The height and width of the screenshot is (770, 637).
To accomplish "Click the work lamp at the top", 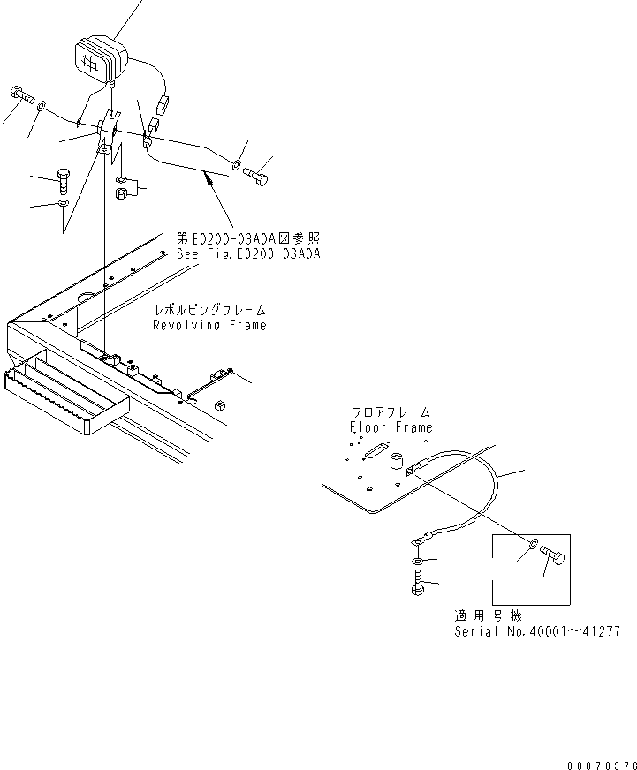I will (96, 58).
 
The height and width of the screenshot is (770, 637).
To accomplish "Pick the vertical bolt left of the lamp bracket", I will (64, 179).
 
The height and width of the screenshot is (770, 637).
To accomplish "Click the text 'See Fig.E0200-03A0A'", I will (247, 253).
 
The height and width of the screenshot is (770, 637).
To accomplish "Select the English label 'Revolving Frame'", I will (209, 325).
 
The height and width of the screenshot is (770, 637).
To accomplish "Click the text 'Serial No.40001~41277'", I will (536, 631).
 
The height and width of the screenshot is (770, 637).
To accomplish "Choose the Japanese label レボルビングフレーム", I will (209, 311).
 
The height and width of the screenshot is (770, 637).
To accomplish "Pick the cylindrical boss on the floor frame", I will (397, 459).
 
